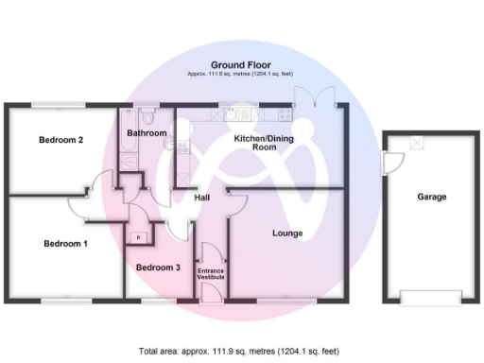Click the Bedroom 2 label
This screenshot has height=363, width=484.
click(61, 140)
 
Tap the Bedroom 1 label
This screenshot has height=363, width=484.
click(65, 243)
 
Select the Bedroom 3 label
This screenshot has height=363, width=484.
click(158, 268)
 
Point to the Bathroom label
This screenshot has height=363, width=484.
click(147, 133)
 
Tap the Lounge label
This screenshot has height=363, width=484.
click(286, 233)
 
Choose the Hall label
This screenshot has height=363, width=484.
click(202, 198)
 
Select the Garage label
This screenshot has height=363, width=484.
click(432, 197)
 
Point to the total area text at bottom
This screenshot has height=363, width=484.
click(241, 351)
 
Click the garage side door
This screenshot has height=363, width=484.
click(382, 166)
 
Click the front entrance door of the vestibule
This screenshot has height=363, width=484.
click(210, 301)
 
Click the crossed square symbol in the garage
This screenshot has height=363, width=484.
click(417, 142)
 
